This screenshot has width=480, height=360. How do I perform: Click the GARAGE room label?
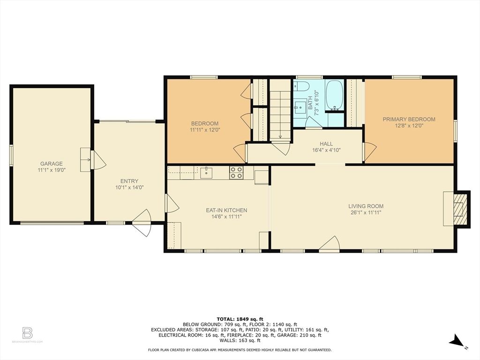52,164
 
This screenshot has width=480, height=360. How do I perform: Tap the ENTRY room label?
129,181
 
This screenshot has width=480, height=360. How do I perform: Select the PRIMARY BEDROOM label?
409,120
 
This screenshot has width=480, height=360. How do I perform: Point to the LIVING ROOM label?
366,206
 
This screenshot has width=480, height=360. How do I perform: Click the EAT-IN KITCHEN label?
226,210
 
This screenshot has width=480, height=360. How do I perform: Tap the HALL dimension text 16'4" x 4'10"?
326,150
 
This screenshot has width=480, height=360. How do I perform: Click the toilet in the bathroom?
301,86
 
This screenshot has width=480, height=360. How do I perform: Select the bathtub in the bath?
334,95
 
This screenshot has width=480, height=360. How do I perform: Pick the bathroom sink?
300,106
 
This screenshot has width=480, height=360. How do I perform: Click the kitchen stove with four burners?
236,172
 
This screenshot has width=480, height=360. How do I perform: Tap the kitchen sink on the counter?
206,172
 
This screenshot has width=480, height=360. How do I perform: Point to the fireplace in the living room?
457,209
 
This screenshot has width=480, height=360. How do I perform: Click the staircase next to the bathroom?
280,110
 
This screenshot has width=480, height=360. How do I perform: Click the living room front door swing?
330,244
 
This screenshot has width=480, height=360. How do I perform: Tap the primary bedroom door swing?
370,152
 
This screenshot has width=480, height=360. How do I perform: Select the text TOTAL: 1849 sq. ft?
240,319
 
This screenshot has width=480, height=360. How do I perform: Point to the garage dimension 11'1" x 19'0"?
52,170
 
